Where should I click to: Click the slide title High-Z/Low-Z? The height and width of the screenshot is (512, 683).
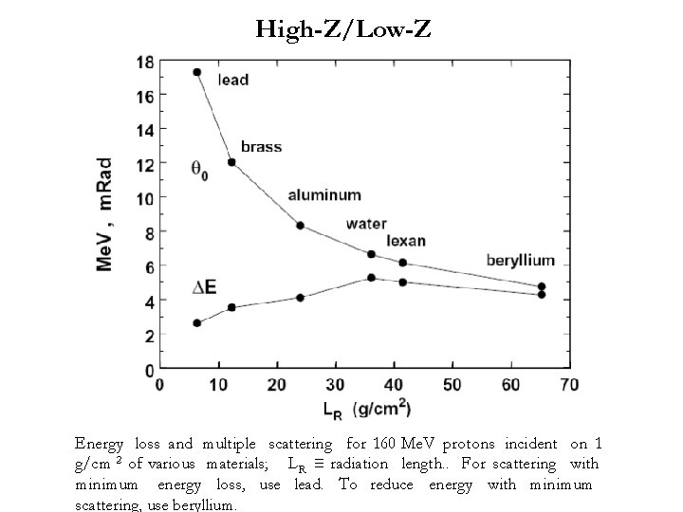pyautogui.click(x=342, y=30)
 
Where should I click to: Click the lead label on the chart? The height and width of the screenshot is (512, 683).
pyautogui.click(x=233, y=80)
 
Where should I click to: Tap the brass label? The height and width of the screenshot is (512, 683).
pyautogui.click(x=261, y=147)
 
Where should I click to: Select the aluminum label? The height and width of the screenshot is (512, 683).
pyautogui.click(x=325, y=194)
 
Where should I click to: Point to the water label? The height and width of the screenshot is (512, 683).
pyautogui.click(x=365, y=225)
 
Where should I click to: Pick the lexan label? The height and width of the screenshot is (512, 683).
pyautogui.click(x=406, y=241)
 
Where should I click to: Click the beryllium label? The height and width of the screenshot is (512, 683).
pyautogui.click(x=521, y=260)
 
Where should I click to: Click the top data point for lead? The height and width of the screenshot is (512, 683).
pyautogui.click(x=197, y=72)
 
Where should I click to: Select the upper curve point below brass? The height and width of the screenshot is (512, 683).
pyautogui.click(x=231, y=162)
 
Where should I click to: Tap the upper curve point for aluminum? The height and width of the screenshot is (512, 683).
pyautogui.click(x=300, y=226)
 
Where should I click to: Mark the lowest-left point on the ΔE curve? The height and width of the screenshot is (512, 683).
pyautogui.click(x=197, y=323)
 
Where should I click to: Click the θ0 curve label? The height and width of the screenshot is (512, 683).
pyautogui.click(x=200, y=172)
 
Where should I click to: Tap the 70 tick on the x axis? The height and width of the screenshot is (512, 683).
pyautogui.click(x=569, y=384)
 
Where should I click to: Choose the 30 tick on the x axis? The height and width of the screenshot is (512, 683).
pyautogui.click(x=335, y=384)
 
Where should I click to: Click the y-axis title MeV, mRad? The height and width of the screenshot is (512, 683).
pyautogui.click(x=105, y=215)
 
